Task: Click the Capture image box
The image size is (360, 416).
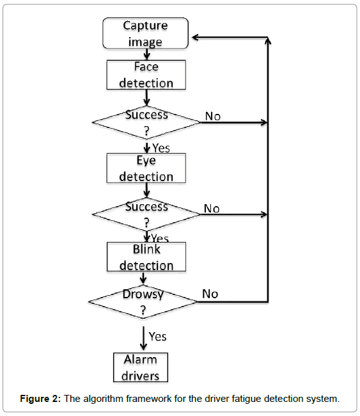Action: (x=146, y=33)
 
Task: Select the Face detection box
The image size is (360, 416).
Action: (x=146, y=75)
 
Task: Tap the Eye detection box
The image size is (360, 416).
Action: (x=146, y=168)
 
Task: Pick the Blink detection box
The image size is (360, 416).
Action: (x=146, y=257)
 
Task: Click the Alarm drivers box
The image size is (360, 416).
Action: (x=141, y=367)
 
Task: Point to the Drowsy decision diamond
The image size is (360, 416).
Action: (x=143, y=301)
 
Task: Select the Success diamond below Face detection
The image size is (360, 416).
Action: (x=146, y=122)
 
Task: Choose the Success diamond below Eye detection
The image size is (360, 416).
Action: (x=146, y=214)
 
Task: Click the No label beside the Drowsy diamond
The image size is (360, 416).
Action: (x=210, y=294)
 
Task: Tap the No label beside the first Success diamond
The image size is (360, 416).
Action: (x=212, y=116)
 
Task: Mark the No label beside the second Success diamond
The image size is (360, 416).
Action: (x=212, y=209)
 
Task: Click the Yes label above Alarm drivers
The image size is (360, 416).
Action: (x=157, y=337)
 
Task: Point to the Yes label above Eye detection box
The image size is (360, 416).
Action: (x=161, y=148)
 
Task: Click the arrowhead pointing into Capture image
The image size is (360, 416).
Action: (x=195, y=37)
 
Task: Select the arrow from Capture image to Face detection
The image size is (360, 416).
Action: (x=146, y=54)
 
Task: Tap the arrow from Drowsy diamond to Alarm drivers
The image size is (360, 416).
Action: (x=143, y=339)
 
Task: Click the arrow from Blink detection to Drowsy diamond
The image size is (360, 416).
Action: (x=143, y=278)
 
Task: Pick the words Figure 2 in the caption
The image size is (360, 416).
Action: (x=40, y=399)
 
